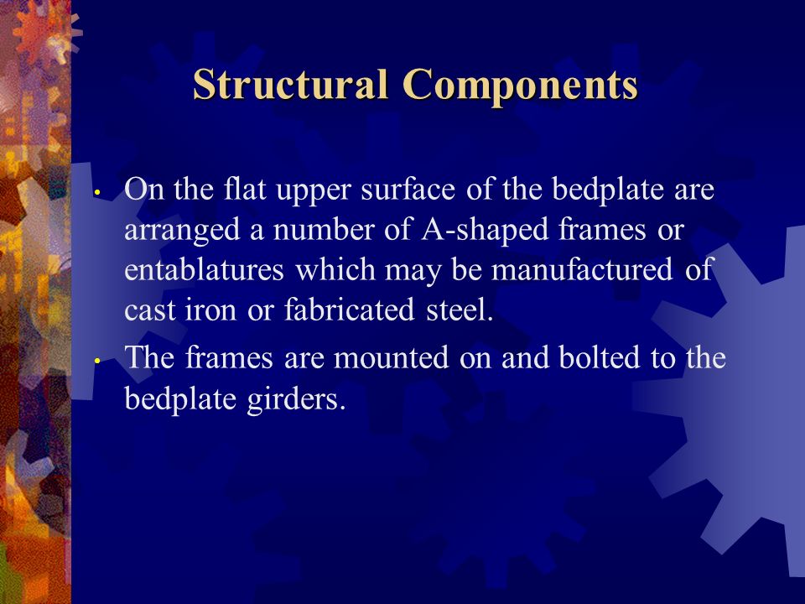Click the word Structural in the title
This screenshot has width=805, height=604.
(x=291, y=84)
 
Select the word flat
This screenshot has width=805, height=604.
(x=245, y=189)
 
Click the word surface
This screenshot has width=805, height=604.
(x=408, y=189)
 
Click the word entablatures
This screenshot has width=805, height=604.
(x=205, y=269)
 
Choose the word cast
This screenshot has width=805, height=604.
(x=150, y=310)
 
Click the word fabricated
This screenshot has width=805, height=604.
(x=349, y=310)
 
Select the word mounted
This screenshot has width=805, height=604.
(x=392, y=358)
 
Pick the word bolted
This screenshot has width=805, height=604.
(x=599, y=357)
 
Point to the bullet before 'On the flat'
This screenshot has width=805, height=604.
(x=96, y=193)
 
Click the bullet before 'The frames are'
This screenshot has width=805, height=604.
(x=96, y=361)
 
